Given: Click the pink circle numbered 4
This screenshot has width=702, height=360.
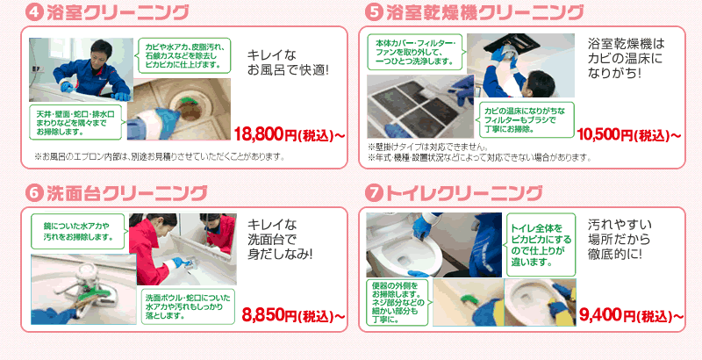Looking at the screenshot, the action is [34, 12].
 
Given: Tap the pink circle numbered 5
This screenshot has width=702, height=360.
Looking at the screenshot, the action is [374, 12].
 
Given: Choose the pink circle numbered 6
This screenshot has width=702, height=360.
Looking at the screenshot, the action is [34, 193].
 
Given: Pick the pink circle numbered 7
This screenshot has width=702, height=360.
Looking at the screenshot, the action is [374, 193].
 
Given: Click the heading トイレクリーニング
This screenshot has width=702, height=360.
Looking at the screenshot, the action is [463, 193].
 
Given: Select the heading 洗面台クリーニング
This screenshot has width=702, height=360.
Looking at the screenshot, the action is [126, 193].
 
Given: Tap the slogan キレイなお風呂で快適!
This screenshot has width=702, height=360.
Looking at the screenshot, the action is [288, 62].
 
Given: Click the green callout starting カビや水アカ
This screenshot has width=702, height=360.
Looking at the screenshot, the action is [184, 55].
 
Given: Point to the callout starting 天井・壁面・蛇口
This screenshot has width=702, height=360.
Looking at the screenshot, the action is [75, 123].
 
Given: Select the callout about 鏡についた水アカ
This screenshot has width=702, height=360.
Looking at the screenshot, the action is [77, 232].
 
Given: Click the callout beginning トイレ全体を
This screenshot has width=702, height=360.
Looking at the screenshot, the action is [541, 245].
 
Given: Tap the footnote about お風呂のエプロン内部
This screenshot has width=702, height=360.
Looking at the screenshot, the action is [160, 156].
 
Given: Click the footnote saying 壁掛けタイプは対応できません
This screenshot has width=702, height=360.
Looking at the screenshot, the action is [427, 147].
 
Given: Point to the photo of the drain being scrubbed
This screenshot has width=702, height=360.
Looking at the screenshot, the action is [179, 109].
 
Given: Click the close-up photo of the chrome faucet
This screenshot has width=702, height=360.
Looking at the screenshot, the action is [83, 289].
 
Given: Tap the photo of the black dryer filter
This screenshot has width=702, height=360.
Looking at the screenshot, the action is [420, 106].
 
